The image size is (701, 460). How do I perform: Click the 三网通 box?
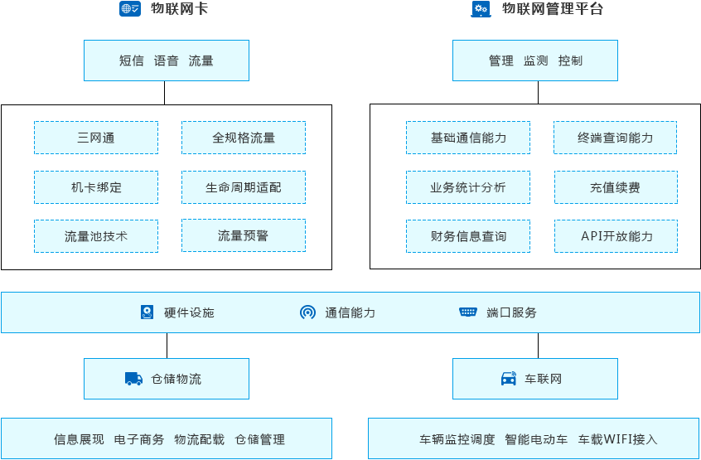(96, 138)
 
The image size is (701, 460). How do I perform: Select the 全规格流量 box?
(244, 138)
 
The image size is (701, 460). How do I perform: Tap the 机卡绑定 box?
(96, 187)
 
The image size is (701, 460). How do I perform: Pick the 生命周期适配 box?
(244, 187)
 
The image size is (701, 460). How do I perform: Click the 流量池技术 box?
(96, 236)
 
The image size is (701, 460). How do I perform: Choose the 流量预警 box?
(244, 236)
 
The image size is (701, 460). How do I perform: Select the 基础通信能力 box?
(468, 138)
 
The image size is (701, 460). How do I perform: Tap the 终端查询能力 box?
(616, 138)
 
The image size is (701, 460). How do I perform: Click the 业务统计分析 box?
(468, 187)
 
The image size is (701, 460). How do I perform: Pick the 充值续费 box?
(616, 187)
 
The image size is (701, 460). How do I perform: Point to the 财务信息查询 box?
(468, 236)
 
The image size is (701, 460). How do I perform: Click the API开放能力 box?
(616, 236)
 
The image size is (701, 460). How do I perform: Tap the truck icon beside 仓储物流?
(133, 379)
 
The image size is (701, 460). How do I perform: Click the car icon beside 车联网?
(509, 379)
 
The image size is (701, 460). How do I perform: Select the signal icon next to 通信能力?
(307, 312)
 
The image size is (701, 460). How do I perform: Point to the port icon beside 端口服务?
(468, 312)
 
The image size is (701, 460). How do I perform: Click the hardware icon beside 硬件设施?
(147, 312)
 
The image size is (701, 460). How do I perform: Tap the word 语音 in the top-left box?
(167, 61)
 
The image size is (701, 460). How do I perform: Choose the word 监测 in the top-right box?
(535, 61)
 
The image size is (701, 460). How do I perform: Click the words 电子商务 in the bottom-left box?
(139, 439)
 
